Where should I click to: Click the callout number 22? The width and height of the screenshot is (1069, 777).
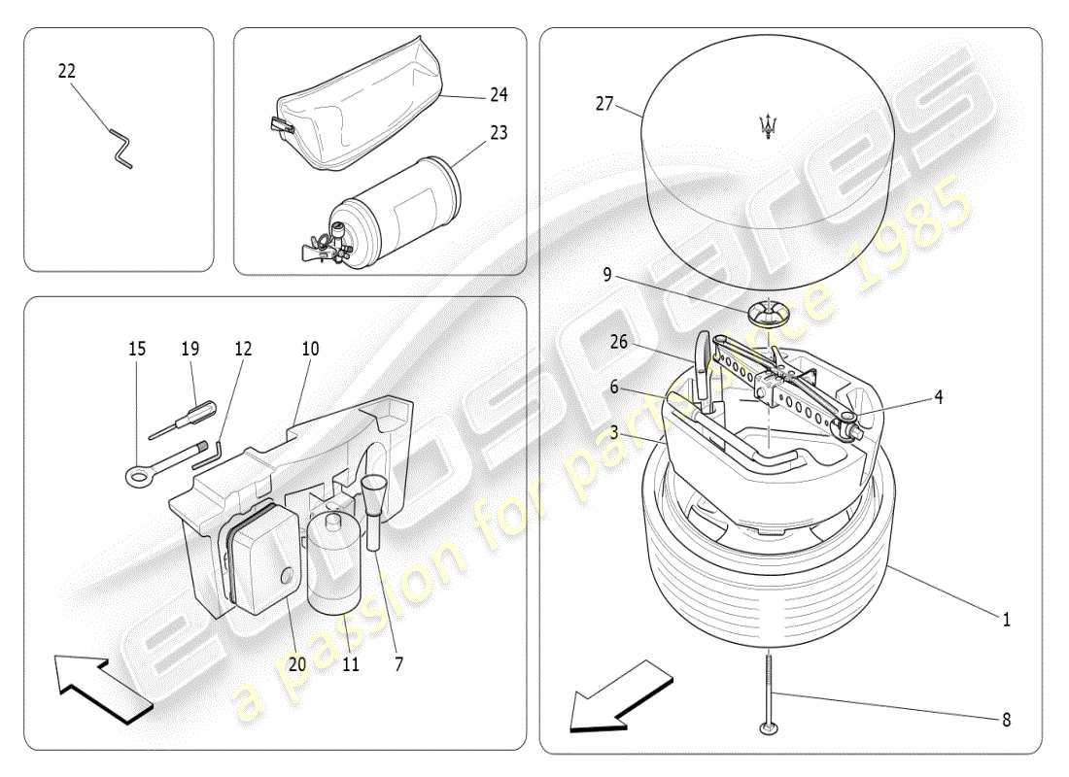[67, 71]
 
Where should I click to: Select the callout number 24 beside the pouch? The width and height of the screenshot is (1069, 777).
[499, 95]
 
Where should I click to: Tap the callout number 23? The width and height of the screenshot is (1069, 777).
[499, 133]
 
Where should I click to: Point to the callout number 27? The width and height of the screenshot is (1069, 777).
[604, 103]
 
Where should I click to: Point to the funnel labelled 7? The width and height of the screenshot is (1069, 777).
[373, 495]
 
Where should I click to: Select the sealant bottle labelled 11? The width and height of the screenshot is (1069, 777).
[335, 568]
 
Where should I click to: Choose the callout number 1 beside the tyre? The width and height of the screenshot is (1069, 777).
[1007, 620]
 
